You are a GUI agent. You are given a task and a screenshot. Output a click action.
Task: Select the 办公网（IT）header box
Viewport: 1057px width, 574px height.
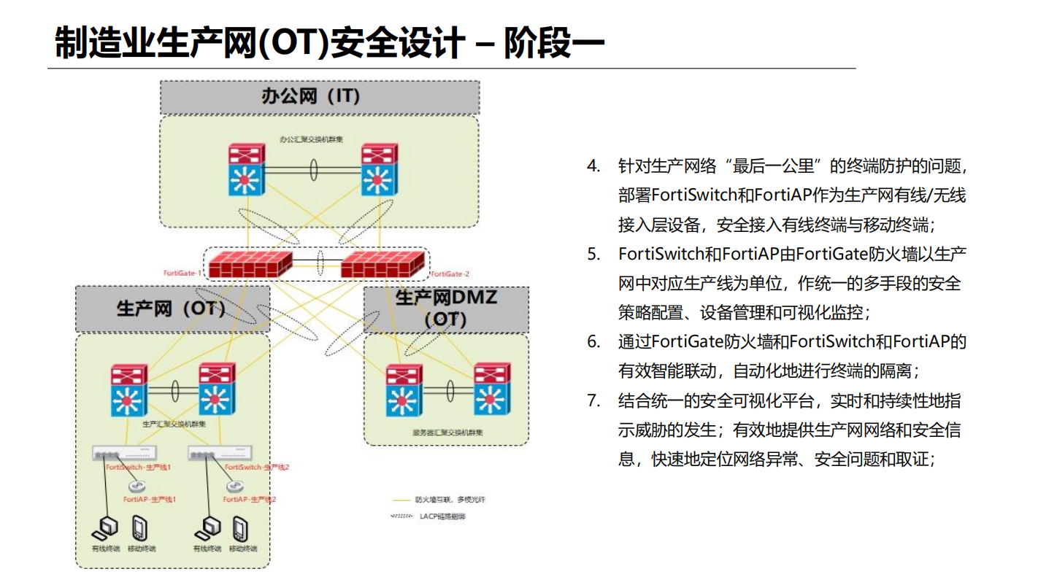pyautogui.click(x=319, y=96)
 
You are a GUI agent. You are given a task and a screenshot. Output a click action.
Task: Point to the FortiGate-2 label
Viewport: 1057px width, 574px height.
pyautogui.click(x=450, y=274)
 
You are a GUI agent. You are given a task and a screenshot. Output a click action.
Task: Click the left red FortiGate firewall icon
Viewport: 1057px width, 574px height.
pyautogui.click(x=248, y=263)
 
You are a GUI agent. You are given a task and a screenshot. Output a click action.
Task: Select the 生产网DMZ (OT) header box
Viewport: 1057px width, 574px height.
pyautogui.click(x=445, y=309)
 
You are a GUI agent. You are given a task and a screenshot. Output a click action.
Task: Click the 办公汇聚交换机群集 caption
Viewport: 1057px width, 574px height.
pyautogui.click(x=312, y=138)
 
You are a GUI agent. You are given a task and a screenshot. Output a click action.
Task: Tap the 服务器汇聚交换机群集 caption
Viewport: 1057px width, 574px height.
pyautogui.click(x=447, y=433)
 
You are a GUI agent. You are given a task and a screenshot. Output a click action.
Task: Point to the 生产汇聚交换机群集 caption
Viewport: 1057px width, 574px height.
pyautogui.click(x=174, y=423)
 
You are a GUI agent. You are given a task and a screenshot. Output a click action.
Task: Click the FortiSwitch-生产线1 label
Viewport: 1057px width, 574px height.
pyautogui.click(x=139, y=467)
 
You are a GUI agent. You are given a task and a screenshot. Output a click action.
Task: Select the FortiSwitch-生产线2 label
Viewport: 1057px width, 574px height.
pyautogui.click(x=257, y=467)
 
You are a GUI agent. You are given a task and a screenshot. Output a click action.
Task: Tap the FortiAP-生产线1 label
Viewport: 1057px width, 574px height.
pyautogui.click(x=150, y=500)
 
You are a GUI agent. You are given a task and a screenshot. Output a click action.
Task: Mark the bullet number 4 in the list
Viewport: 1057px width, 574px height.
pyautogui.click(x=593, y=166)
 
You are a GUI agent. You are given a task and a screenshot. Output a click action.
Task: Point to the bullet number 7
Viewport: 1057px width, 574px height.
pyautogui.click(x=593, y=400)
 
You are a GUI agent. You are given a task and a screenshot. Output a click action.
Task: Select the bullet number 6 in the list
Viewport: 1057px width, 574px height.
pyautogui.click(x=593, y=342)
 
